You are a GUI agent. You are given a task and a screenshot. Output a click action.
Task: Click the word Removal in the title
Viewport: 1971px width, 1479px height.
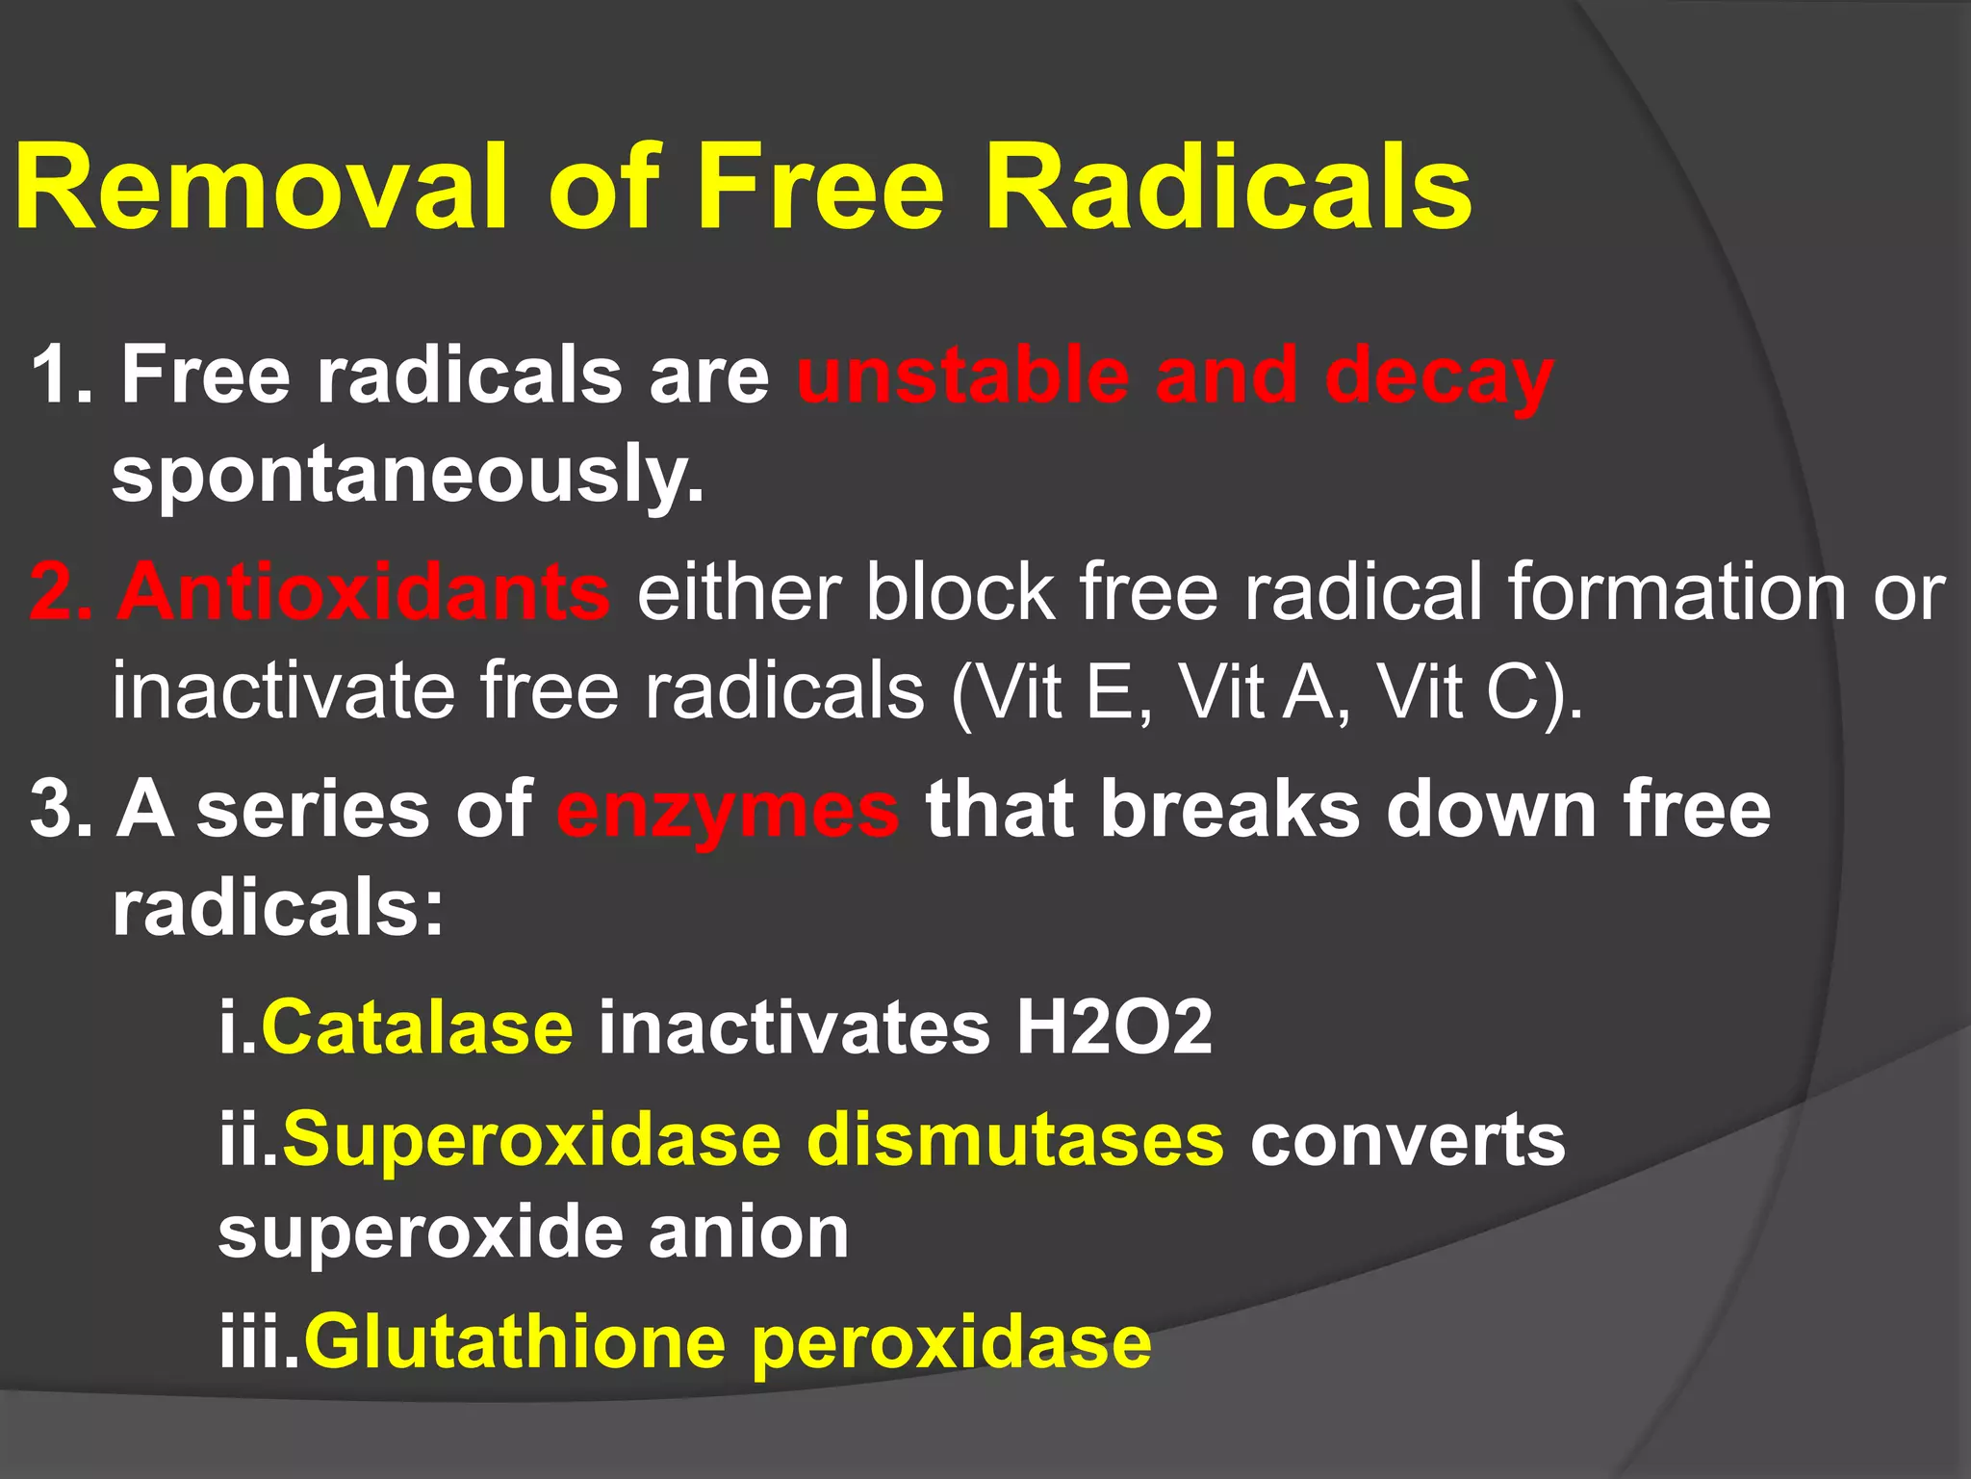(x=260, y=187)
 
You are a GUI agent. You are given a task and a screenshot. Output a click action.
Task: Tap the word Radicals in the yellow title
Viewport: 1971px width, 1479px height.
(x=1227, y=187)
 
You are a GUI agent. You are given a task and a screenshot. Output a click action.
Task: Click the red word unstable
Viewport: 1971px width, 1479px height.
(x=962, y=376)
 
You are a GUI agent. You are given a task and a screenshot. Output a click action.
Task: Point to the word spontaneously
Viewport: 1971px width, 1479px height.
(x=408, y=475)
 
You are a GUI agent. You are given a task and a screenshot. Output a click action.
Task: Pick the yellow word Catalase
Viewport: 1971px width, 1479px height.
(x=418, y=1028)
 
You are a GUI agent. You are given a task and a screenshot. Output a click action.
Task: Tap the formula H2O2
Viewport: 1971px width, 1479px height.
(x=1113, y=1028)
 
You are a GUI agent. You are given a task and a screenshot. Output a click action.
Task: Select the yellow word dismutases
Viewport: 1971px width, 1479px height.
(x=1015, y=1140)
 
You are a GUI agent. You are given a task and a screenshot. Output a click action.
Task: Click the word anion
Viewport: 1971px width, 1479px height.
(x=749, y=1233)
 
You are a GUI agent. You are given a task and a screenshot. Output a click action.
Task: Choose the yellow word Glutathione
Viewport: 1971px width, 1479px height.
(x=515, y=1342)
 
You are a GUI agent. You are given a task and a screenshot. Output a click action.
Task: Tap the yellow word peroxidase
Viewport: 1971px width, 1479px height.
(x=951, y=1344)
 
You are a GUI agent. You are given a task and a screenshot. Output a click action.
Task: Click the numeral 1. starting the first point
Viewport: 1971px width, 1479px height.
(x=62, y=376)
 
